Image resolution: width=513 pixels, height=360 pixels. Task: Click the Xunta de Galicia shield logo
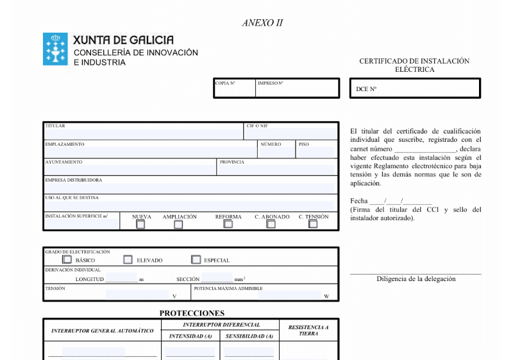55,49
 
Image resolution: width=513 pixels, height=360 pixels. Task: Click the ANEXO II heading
263,23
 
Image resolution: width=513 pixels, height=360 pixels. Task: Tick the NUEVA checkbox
140,225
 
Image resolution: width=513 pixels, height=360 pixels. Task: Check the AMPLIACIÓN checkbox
179,225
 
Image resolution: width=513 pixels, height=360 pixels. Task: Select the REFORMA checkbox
228,225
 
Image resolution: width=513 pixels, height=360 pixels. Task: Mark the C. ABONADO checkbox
271,225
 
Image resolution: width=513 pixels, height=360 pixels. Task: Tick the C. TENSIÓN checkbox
313,225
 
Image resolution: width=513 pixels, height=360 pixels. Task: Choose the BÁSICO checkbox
67,260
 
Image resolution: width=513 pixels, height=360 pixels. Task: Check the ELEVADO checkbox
128,260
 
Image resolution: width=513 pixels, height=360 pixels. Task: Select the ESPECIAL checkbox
196,260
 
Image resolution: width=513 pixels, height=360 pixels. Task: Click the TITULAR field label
55,126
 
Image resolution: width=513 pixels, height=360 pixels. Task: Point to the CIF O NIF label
257,126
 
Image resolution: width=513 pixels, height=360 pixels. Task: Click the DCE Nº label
366,89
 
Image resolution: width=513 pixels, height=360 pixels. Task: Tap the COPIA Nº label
226,83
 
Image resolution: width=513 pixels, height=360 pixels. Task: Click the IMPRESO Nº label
271,83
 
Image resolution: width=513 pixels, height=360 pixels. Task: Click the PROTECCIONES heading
192,313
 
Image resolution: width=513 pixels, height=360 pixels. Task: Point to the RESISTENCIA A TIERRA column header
308,330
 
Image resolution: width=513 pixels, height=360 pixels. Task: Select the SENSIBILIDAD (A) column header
249,336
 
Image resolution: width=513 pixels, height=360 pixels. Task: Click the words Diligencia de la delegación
416,279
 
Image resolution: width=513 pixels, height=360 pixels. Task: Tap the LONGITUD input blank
122,279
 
